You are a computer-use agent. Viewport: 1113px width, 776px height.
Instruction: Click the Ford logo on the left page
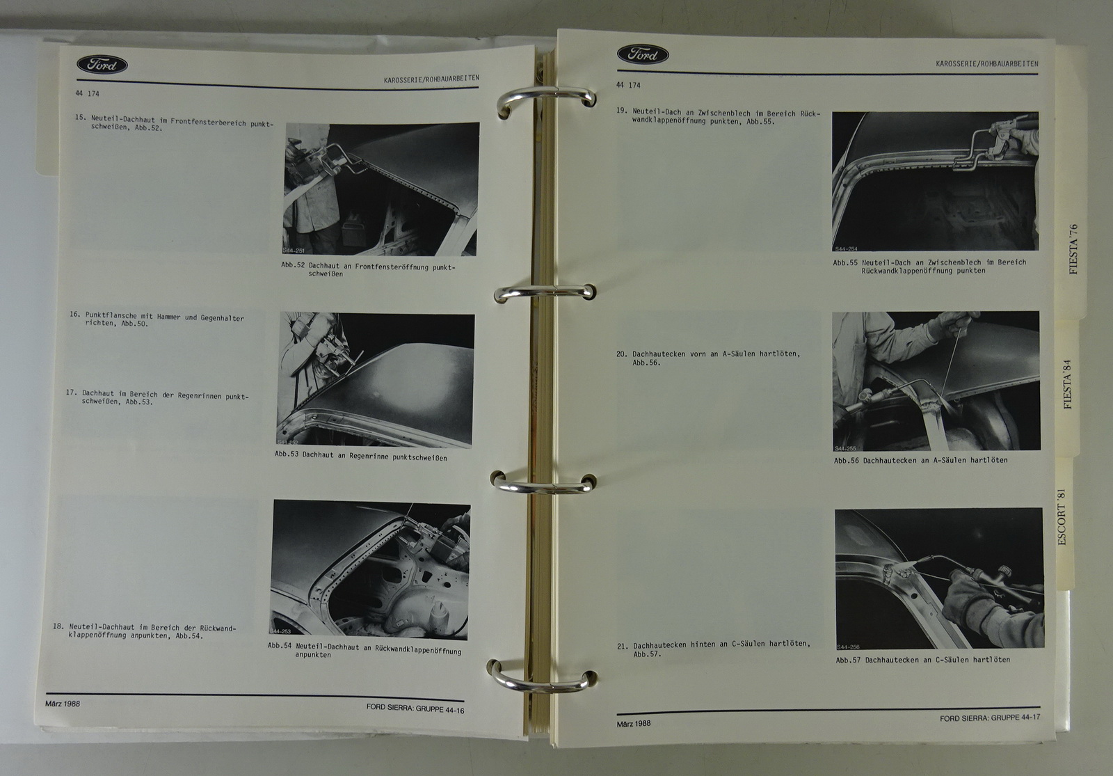[x=102, y=65]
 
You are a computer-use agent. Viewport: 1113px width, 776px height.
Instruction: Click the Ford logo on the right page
[x=643, y=54]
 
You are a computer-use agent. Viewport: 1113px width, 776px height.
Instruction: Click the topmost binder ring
[x=546, y=100]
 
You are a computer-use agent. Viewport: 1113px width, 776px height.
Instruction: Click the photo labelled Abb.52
[x=381, y=189]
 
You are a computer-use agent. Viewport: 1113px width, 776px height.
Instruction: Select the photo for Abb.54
[x=370, y=569]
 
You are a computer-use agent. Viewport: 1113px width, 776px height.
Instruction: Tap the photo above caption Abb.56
[x=936, y=381]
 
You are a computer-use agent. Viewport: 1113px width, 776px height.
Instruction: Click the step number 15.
[x=81, y=118]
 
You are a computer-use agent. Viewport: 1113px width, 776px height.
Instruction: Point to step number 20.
[x=622, y=354]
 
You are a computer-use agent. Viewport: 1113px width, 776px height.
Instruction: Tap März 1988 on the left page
[x=63, y=704]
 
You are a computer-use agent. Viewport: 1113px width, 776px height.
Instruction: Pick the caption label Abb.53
[x=287, y=454]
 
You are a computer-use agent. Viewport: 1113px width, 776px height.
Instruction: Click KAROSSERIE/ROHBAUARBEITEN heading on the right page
[x=987, y=63]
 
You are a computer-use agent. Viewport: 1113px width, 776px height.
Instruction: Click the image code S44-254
[x=846, y=248]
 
